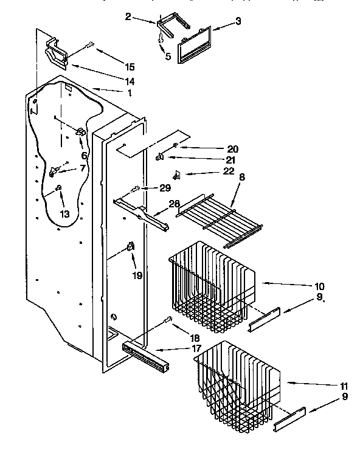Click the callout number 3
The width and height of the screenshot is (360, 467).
coord(238,22)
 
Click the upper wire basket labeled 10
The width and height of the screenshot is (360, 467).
coord(213,286)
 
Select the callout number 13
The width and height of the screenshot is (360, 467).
coord(65,213)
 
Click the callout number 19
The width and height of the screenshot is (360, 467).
coord(138,275)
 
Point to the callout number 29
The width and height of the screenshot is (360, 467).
coord(165,189)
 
